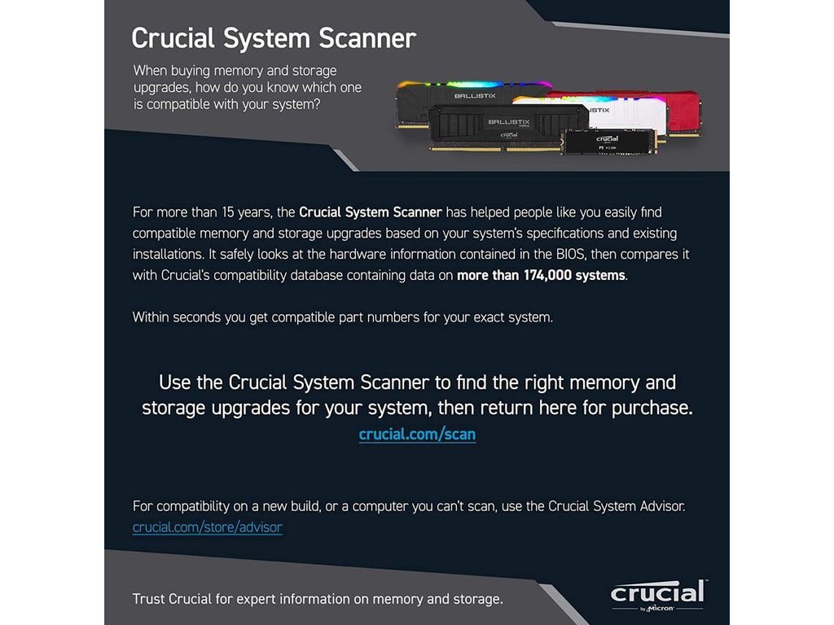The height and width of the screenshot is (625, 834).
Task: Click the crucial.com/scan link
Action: pos(417,435)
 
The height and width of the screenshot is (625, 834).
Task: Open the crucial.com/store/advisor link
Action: pos(208,527)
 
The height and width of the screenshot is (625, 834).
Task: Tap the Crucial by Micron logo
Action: pos(658,596)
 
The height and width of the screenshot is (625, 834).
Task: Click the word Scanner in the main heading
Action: pos(367,38)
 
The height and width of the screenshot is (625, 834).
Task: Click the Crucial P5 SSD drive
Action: pos(609,142)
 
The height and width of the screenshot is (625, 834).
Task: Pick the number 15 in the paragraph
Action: pos(228,212)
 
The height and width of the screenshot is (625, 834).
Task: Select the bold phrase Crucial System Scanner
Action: pos(371,212)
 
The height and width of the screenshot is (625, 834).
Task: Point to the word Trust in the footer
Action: pos(148,599)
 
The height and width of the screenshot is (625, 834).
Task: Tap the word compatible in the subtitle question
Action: pos(177,105)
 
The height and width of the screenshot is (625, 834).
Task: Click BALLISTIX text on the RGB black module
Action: pos(475,96)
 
